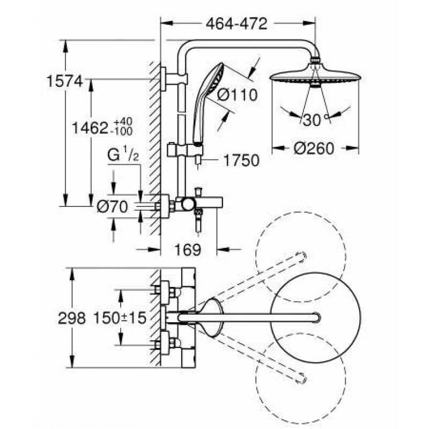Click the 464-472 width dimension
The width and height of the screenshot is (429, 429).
tap(236, 24)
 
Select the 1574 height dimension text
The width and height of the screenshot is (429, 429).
tap(64, 82)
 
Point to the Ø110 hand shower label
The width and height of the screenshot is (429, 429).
tap(237, 95)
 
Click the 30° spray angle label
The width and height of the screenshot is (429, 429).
tap(315, 120)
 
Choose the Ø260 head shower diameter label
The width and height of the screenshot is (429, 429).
tap(314, 149)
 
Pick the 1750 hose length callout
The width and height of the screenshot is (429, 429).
tap(241, 160)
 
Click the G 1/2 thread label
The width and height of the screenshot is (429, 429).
tap(123, 154)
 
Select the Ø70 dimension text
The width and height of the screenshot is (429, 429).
tap(113, 206)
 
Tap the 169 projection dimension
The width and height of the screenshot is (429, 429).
tap(188, 249)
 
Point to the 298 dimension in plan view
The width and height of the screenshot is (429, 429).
tap(72, 318)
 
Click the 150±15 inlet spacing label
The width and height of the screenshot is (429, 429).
tap(120, 318)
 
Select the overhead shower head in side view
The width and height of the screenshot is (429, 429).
tap(315, 74)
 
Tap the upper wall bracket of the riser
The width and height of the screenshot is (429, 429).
tap(174, 79)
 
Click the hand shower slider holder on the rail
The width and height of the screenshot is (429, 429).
tap(185, 150)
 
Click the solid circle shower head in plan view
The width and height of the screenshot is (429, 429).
tap(315, 318)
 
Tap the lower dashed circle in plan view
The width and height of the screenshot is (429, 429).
tap(301, 379)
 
